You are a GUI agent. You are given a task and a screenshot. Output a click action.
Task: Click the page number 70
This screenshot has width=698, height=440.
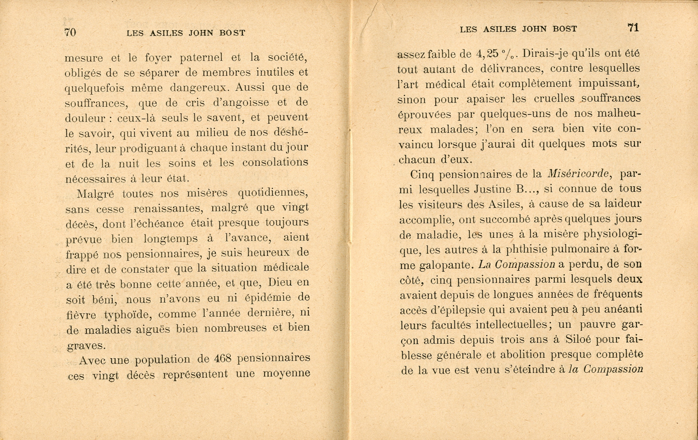[70, 32]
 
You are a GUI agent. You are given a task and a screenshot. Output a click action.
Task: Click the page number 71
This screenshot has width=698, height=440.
[633, 28]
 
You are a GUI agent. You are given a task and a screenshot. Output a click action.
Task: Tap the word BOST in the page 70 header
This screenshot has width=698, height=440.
[232, 33]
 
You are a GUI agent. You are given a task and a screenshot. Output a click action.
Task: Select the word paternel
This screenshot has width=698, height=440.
[201, 58]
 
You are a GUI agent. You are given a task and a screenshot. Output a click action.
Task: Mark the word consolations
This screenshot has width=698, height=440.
[275, 162]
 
